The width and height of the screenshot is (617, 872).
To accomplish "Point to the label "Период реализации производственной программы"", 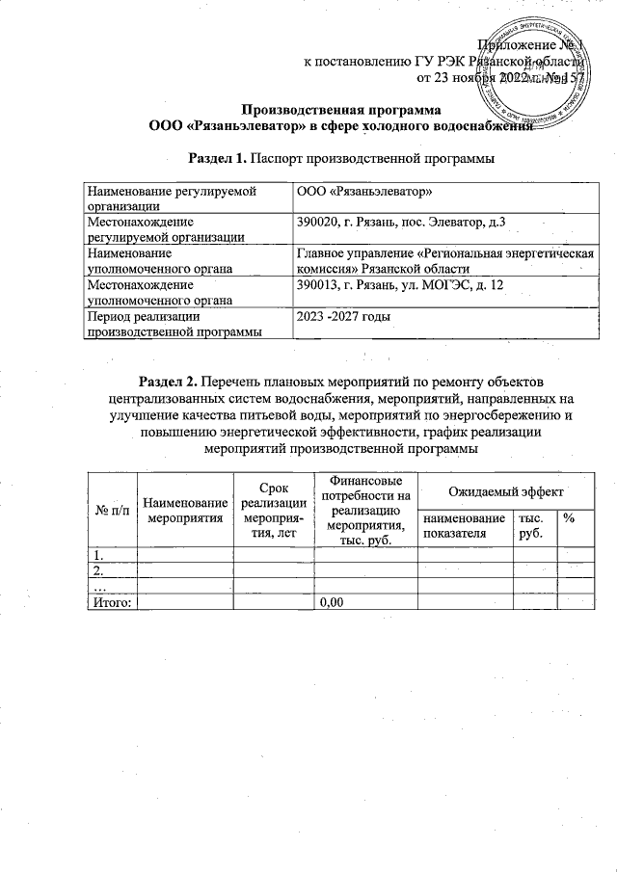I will pos(173,324).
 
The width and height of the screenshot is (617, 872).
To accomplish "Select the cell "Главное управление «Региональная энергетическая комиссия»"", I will pos(443,261).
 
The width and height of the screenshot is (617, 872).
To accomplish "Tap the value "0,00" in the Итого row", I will pos(332,602).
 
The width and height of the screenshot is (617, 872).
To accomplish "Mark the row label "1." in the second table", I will pos(96,555).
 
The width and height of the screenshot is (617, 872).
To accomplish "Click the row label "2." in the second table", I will pos(96,570).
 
